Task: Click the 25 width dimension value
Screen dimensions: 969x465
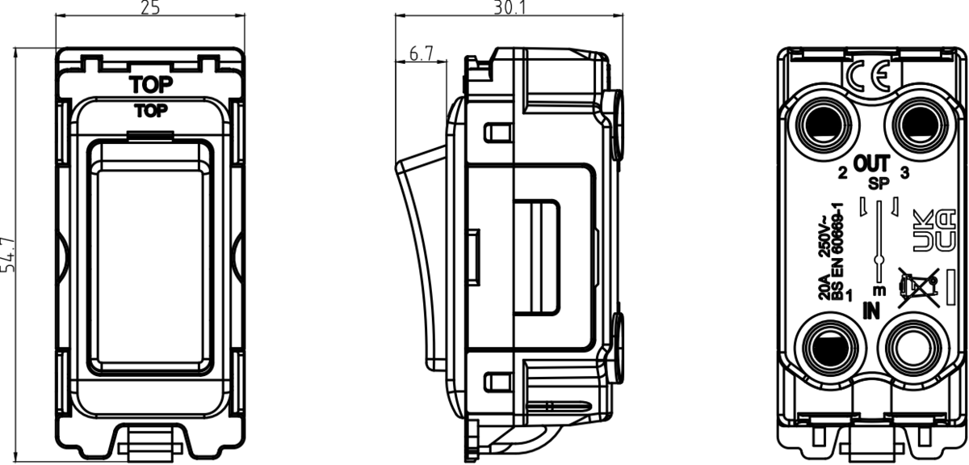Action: tap(150, 8)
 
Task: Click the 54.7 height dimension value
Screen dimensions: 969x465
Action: tap(7, 255)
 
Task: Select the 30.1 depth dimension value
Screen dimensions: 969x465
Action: tap(510, 7)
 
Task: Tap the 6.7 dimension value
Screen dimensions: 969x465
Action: tap(421, 53)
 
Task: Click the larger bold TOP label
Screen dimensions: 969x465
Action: tap(151, 84)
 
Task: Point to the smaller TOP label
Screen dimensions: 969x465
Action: tap(151, 111)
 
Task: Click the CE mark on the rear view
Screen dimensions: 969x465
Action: tap(869, 75)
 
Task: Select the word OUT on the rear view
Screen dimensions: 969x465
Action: tap(871, 163)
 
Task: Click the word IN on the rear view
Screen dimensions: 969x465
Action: tap(871, 311)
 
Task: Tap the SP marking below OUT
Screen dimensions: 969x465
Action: tap(879, 184)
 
